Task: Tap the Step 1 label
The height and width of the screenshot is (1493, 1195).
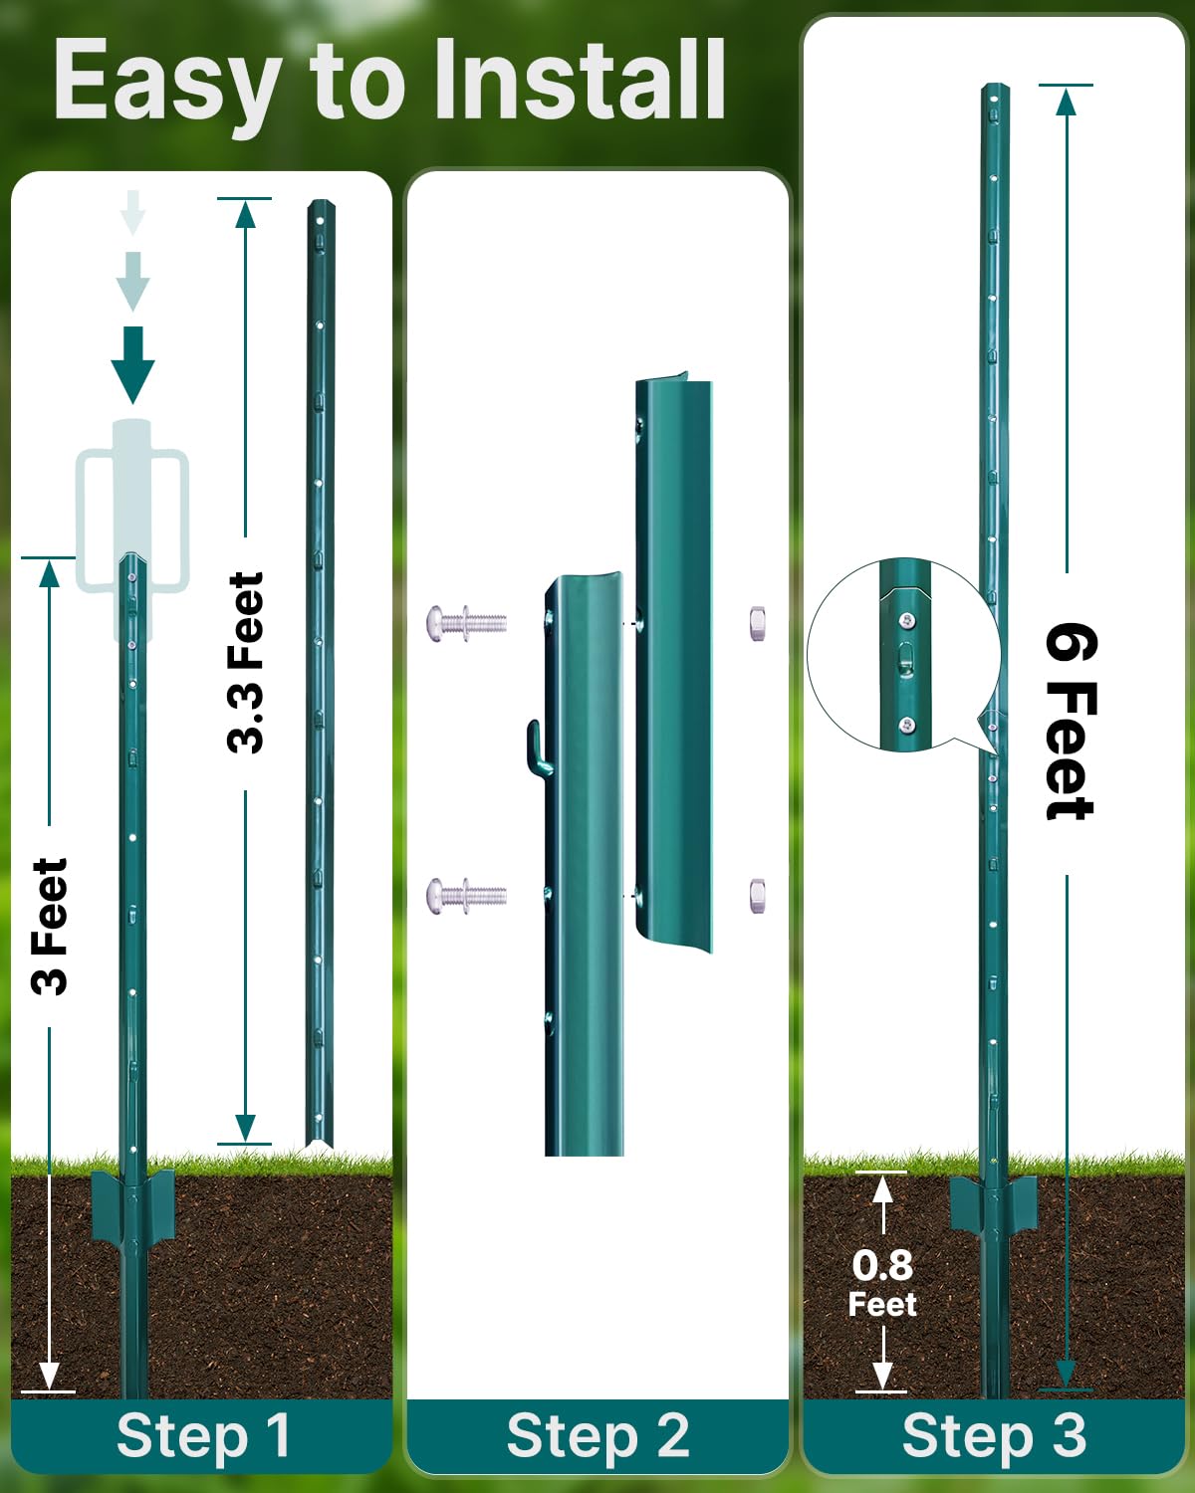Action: click(203, 1436)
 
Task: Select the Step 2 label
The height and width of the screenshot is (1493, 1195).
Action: click(597, 1436)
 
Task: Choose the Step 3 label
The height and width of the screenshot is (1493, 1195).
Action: click(993, 1436)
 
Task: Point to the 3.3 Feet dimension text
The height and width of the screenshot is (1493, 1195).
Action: click(246, 662)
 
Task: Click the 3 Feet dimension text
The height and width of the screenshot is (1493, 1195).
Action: click(50, 926)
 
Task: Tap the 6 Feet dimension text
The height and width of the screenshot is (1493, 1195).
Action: click(1070, 722)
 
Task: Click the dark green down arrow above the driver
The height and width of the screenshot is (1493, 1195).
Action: click(132, 363)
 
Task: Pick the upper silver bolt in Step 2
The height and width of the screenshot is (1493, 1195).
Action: click(466, 624)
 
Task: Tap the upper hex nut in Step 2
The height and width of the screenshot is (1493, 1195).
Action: click(757, 622)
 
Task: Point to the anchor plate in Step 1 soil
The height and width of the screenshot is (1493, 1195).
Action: click(132, 1206)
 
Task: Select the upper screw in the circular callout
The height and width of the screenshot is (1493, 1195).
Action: click(906, 621)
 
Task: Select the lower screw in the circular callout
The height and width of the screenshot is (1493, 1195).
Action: click(906, 725)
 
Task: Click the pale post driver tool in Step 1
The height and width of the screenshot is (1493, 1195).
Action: click(132, 518)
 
